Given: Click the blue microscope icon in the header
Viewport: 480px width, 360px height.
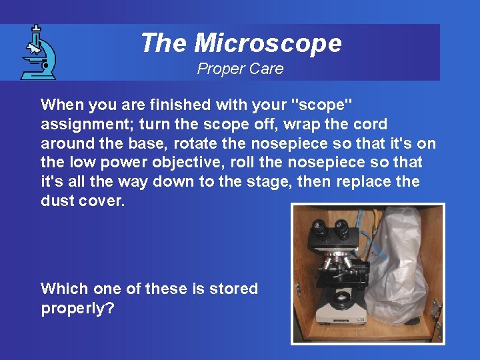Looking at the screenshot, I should [37, 52].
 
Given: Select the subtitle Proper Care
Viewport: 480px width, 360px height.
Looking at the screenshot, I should [240, 69].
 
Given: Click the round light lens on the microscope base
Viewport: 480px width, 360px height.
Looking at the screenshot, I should [341, 295].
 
